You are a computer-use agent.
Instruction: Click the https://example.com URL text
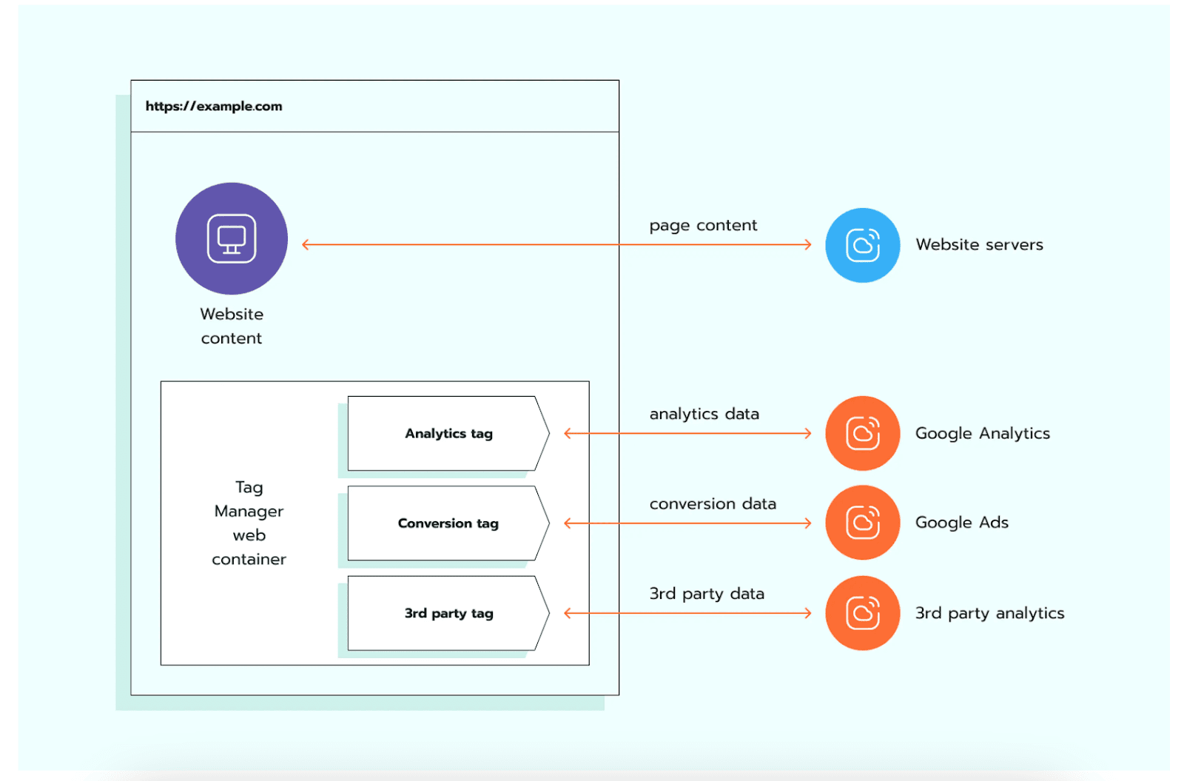click(213, 107)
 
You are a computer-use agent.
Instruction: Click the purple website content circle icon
click(232, 238)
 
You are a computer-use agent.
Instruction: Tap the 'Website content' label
click(232, 326)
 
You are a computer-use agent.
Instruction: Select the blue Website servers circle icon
click(862, 245)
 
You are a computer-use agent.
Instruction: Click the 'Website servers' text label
click(979, 245)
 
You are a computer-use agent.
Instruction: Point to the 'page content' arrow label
click(703, 225)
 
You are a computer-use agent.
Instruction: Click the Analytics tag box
click(448, 434)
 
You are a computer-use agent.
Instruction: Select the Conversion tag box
click(448, 523)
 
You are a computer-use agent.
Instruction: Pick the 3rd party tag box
click(448, 614)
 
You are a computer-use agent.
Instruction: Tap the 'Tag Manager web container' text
click(249, 523)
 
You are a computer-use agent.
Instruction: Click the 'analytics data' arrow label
click(704, 414)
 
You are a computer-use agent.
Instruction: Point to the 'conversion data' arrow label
click(713, 504)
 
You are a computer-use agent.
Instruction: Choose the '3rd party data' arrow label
click(707, 594)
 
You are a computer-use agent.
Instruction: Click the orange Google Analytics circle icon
click(862, 434)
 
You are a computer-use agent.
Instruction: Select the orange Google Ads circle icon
click(862, 523)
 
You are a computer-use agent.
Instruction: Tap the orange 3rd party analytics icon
click(862, 613)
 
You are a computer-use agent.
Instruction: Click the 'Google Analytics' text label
click(982, 434)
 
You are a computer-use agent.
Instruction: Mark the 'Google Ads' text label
click(961, 523)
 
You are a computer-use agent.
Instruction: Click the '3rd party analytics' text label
click(989, 614)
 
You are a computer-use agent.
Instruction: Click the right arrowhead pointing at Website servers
click(808, 245)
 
